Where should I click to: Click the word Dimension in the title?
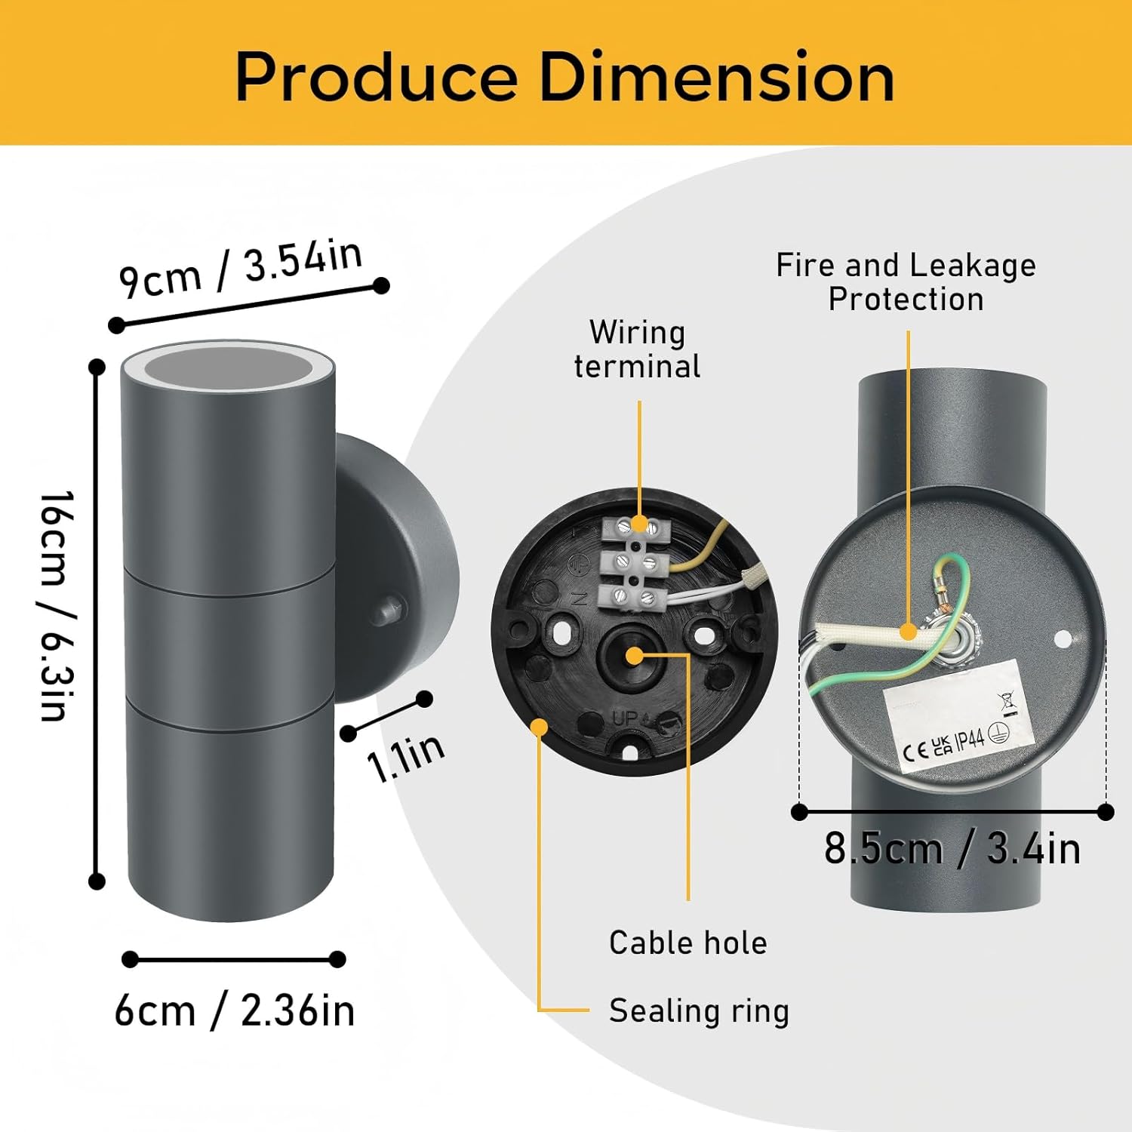(x=718, y=77)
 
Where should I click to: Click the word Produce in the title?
(x=377, y=77)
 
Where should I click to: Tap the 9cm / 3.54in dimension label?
(x=241, y=269)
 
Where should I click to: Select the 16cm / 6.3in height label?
(x=58, y=606)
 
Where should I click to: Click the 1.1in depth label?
(x=406, y=757)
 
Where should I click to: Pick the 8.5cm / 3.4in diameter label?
(x=952, y=848)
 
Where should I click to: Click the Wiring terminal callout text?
(x=638, y=349)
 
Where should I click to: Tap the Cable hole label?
(x=688, y=943)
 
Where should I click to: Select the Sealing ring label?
(x=699, y=1011)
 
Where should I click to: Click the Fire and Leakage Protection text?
(x=906, y=281)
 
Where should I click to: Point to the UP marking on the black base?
(x=626, y=718)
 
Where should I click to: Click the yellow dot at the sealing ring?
(x=540, y=727)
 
